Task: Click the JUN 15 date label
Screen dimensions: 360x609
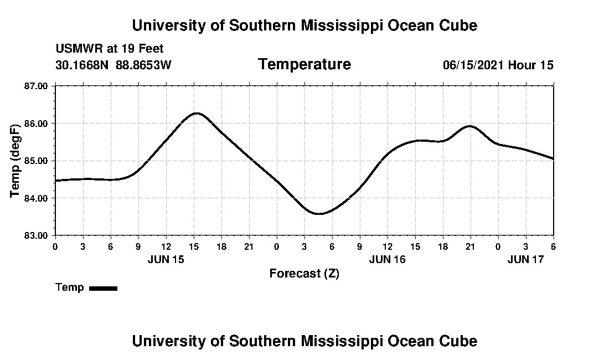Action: [166, 259]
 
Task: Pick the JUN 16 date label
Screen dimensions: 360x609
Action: [388, 259]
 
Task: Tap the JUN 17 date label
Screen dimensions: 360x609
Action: [526, 259]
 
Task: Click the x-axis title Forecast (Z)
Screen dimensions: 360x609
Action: [304, 274]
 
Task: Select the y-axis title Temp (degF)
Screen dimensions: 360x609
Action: [16, 161]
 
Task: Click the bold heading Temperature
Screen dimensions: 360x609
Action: [304, 65]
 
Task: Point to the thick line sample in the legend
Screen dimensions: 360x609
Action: [103, 288]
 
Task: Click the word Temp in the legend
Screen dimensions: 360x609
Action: [70, 287]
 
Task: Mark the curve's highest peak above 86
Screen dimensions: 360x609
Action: [197, 113]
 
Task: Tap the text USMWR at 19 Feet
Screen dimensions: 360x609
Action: [110, 49]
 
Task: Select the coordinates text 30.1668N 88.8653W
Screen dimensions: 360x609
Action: [113, 65]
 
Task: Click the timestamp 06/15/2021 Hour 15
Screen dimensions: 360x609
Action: [498, 65]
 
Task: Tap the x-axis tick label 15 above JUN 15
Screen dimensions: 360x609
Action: [194, 246]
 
